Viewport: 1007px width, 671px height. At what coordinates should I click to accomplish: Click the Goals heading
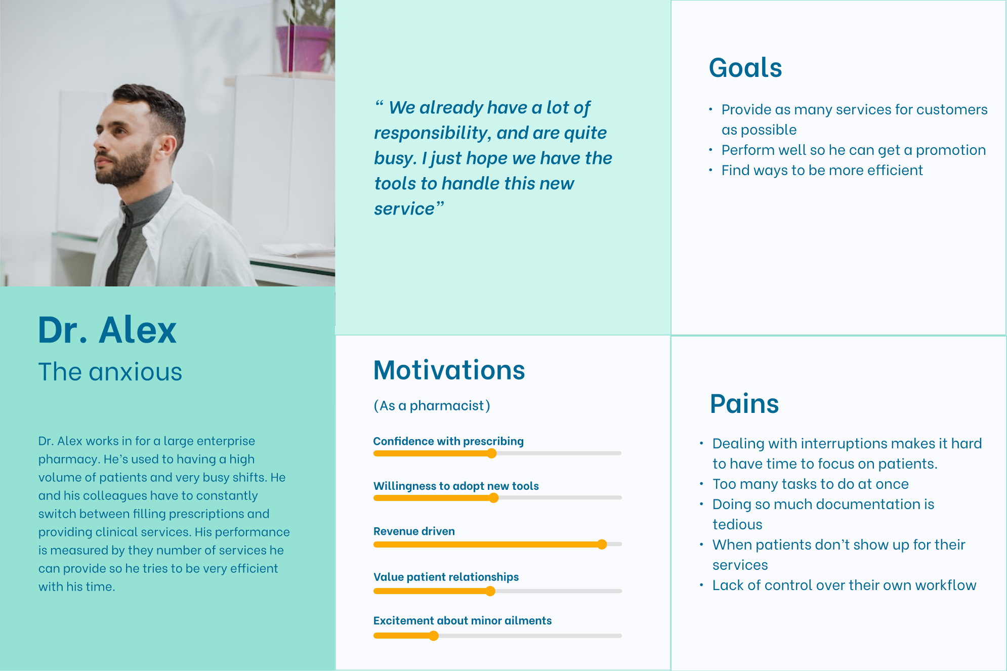pyautogui.click(x=745, y=68)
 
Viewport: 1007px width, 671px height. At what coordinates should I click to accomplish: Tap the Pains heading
pyautogui.click(x=744, y=404)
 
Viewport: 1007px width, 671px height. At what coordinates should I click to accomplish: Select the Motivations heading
pyautogui.click(x=449, y=370)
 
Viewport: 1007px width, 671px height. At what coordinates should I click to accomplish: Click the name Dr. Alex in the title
pyautogui.click(x=107, y=330)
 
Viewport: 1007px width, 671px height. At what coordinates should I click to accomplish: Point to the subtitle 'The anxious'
pyautogui.click(x=110, y=372)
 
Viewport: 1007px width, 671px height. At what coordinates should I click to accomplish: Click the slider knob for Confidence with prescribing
pyautogui.click(x=491, y=453)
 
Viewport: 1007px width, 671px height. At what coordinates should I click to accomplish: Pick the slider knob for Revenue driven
pyautogui.click(x=602, y=544)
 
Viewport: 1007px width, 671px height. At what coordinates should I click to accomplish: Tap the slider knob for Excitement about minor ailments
pyautogui.click(x=434, y=636)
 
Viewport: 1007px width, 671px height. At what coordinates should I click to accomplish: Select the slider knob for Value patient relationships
pyautogui.click(x=490, y=591)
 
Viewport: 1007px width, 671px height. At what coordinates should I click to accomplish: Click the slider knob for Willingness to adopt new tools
pyautogui.click(x=494, y=498)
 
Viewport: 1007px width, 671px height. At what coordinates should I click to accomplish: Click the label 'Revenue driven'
pyautogui.click(x=414, y=531)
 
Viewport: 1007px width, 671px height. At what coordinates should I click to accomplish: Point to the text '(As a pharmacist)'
pyautogui.click(x=432, y=406)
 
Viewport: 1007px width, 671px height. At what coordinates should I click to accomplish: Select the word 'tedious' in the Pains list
pyautogui.click(x=737, y=524)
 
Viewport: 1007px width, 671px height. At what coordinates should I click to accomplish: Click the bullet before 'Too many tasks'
pyautogui.click(x=701, y=484)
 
